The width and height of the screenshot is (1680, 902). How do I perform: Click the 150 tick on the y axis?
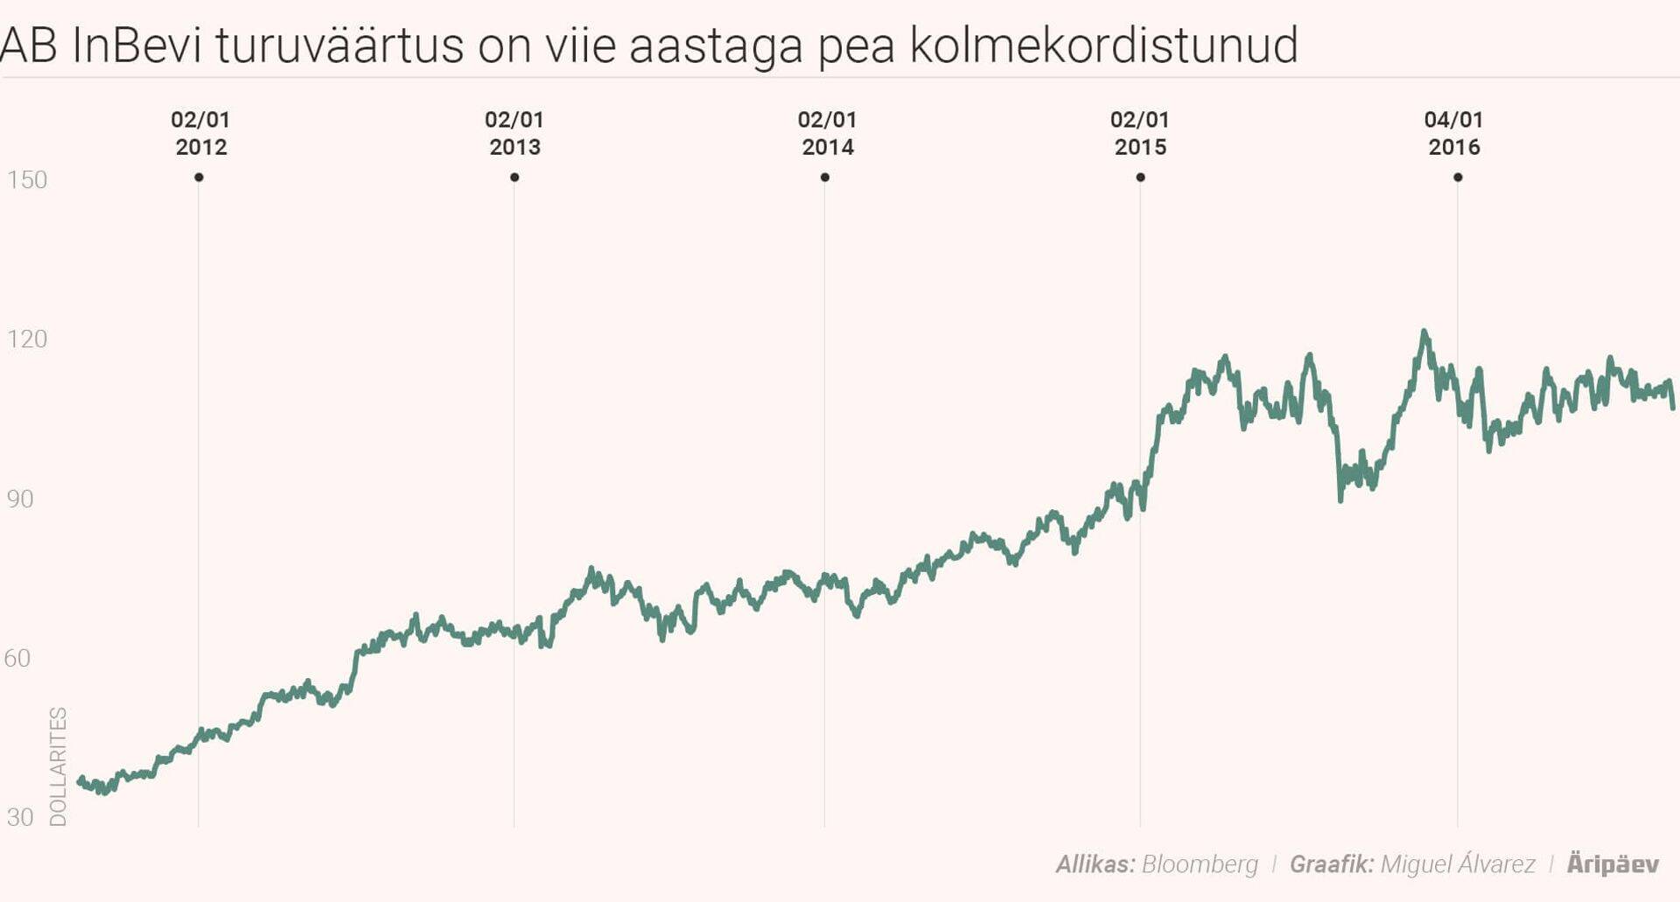(27, 179)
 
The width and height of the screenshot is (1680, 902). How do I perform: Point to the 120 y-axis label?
(27, 339)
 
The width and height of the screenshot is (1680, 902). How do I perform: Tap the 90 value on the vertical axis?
(20, 499)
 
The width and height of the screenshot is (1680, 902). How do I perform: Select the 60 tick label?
(17, 658)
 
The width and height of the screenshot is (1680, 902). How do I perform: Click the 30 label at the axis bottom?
(20, 817)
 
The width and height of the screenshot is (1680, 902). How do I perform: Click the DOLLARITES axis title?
(58, 766)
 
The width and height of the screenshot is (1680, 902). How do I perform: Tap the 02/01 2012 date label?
(200, 133)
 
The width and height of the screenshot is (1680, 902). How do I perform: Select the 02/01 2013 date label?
(514, 133)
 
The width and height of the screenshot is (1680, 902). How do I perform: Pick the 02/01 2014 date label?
(827, 133)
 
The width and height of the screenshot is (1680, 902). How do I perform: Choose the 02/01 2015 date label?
(1140, 133)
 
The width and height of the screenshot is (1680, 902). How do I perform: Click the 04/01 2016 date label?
(1454, 133)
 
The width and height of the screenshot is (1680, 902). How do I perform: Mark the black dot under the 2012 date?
(199, 178)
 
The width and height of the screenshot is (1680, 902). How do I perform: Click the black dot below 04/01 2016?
(1458, 178)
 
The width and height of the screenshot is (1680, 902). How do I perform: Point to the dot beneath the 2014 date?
(825, 178)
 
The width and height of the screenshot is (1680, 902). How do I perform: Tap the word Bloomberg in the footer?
(1200, 864)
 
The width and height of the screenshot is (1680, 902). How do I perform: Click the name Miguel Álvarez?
(1458, 864)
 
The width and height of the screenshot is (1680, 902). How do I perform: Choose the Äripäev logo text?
(1613, 864)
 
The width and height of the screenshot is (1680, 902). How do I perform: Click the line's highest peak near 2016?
(1424, 332)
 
